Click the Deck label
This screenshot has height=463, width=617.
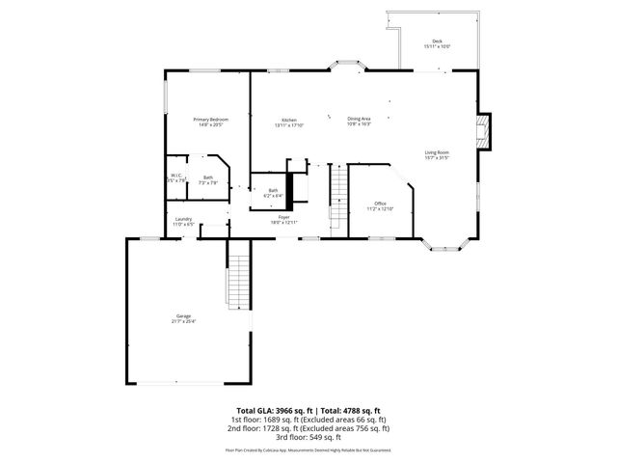click(x=437, y=42)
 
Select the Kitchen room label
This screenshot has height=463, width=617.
click(x=288, y=121)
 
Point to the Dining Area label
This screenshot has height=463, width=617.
click(x=360, y=121)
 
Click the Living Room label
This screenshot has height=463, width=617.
click(x=437, y=154)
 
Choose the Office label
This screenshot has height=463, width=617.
click(x=381, y=205)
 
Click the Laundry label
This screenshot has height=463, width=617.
click(x=183, y=221)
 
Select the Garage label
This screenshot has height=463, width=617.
click(x=183, y=318)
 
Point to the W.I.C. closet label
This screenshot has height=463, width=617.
click(x=175, y=177)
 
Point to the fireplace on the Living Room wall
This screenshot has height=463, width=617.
click(x=487, y=131)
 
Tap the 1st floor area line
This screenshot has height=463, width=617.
click(x=308, y=421)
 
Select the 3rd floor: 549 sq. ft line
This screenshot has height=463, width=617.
click(x=308, y=438)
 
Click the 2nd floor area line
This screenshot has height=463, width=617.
click(x=308, y=429)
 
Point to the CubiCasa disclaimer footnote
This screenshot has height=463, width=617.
click(x=308, y=449)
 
